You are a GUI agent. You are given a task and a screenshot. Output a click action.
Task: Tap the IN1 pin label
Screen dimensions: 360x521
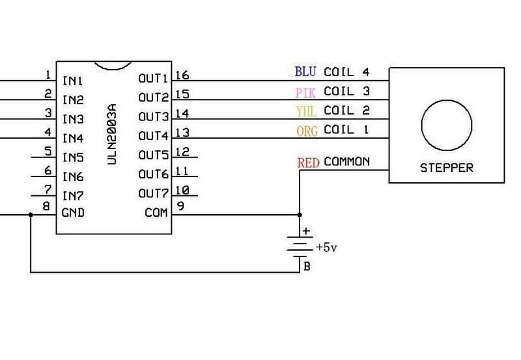click(x=72, y=81)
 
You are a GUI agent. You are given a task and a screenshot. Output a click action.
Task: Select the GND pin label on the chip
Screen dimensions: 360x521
click(x=72, y=213)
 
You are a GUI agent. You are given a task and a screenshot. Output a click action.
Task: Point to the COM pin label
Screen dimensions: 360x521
click(x=156, y=213)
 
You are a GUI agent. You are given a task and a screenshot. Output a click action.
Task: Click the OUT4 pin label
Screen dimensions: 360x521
click(x=154, y=136)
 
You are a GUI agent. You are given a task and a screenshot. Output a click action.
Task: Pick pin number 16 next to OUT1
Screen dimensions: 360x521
click(x=183, y=76)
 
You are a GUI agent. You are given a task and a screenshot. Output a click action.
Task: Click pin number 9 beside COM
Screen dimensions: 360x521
click(x=180, y=207)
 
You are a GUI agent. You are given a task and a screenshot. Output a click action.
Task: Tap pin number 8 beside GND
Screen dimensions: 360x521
click(x=46, y=207)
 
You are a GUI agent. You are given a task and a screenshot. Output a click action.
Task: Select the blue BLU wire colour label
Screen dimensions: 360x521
click(x=305, y=72)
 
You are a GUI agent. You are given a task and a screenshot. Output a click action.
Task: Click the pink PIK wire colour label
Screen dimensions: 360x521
click(x=305, y=92)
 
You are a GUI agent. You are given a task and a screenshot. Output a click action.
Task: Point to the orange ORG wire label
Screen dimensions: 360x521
click(x=307, y=131)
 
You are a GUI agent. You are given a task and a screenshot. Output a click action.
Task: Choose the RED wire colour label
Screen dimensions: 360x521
click(x=308, y=162)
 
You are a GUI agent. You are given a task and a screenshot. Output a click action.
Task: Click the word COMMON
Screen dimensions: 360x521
click(x=346, y=161)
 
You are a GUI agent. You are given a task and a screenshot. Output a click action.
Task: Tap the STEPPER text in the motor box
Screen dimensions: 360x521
click(x=446, y=168)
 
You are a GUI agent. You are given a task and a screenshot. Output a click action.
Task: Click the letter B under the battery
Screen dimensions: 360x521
click(x=307, y=266)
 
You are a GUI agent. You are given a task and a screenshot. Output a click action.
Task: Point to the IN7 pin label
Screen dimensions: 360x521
click(x=72, y=194)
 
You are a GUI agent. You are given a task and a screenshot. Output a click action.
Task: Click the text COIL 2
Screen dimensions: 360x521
click(x=346, y=111)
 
